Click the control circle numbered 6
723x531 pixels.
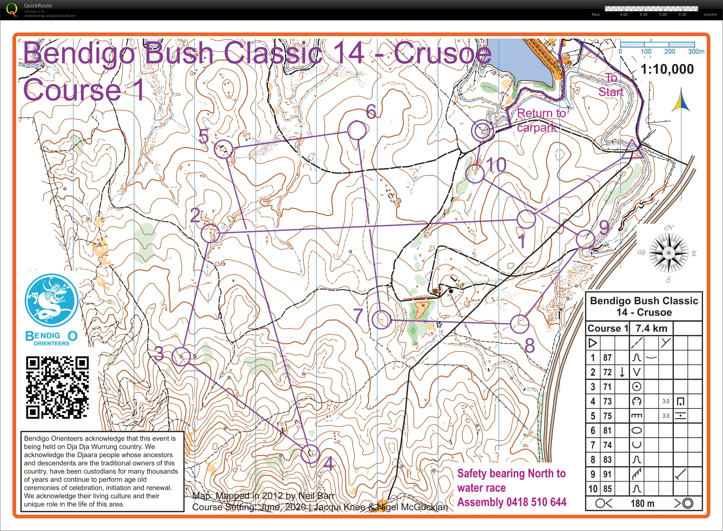[356, 130]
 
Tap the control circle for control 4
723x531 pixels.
[310, 454]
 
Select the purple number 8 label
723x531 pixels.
[529, 346]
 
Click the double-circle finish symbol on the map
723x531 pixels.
[482, 131]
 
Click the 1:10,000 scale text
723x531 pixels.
[667, 69]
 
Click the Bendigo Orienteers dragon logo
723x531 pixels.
[52, 301]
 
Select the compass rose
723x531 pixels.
[668, 253]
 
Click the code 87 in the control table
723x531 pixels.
[607, 357]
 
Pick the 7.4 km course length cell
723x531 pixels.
[651, 328]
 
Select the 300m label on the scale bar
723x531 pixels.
[696, 52]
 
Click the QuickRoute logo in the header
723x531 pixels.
[12, 10]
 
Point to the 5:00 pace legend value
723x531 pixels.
[663, 15]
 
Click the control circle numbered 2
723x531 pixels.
[210, 233]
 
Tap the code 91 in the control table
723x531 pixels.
[607, 474]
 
